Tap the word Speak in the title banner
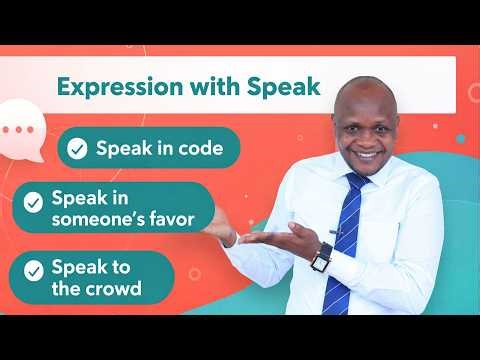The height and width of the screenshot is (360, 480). click(x=285, y=87)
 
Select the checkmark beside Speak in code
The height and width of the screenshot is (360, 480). click(x=77, y=150)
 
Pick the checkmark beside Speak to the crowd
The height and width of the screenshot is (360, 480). click(x=34, y=268)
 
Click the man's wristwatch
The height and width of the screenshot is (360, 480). click(x=321, y=257)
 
